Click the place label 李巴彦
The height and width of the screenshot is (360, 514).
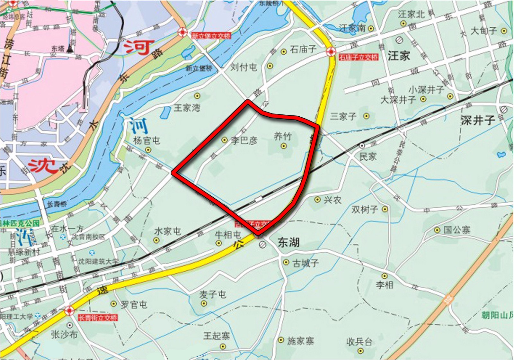[x=244, y=140]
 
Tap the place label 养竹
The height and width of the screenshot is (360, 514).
[x=283, y=137]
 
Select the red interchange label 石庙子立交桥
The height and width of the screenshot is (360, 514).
[x=359, y=58]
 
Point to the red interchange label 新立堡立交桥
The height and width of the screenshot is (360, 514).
[x=211, y=36]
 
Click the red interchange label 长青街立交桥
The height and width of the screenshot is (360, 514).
[x=98, y=318]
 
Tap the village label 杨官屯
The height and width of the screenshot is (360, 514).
[x=146, y=140]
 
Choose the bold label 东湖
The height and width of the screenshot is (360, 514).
[x=288, y=242]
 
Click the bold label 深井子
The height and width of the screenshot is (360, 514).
[x=478, y=120]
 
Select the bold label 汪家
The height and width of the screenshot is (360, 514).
[x=399, y=56]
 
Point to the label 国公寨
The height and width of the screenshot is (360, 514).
[x=457, y=230]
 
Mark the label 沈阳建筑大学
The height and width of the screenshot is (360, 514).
[x=99, y=262]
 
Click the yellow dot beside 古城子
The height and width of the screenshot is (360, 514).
[x=286, y=262]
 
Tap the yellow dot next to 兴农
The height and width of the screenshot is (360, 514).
[x=317, y=200]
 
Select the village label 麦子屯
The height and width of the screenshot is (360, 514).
[x=212, y=294]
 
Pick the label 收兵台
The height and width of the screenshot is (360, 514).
[x=359, y=342]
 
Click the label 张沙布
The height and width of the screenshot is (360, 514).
[x=64, y=335]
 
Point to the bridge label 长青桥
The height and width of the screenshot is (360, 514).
[x=57, y=204]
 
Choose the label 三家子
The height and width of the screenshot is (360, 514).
[x=343, y=116]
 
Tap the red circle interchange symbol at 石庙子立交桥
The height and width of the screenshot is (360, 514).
[x=331, y=51]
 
